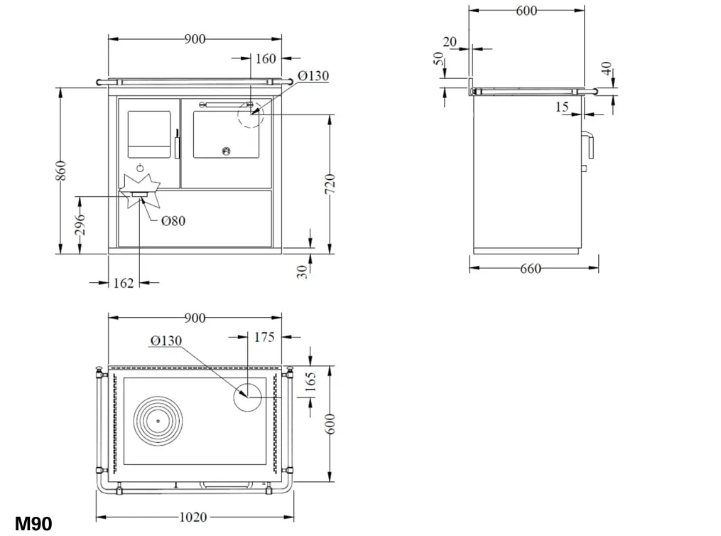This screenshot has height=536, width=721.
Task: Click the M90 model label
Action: (33, 524)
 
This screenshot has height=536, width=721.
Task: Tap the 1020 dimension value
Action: (193, 517)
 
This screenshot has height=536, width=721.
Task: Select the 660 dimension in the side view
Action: (530, 268)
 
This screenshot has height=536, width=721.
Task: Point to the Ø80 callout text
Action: (173, 221)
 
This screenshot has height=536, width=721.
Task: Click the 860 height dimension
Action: (60, 171)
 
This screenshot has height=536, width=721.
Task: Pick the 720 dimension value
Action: (330, 185)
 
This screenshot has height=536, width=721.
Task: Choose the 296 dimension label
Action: (80, 224)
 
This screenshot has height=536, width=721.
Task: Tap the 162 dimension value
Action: (123, 283)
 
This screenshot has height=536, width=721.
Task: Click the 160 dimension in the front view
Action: (266, 58)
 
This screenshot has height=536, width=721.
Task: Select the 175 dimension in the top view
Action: (264, 337)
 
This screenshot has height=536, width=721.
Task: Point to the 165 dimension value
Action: (311, 382)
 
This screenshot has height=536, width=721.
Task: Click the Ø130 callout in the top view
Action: (166, 341)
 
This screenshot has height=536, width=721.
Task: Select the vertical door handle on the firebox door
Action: (177, 144)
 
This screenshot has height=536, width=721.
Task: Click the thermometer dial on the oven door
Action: (226, 151)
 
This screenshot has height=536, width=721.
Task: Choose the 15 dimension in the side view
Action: (562, 107)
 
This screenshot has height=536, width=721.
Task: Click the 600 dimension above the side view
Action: (526, 11)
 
